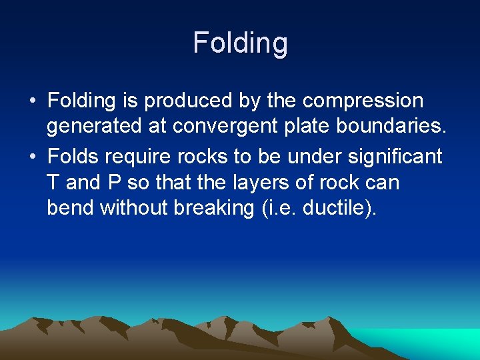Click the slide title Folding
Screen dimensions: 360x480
pyautogui.click(x=240, y=43)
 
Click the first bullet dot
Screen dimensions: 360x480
pyautogui.click(x=32, y=101)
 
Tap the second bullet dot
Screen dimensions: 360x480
pyautogui.click(x=32, y=157)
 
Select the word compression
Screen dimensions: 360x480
pyautogui.click(x=363, y=101)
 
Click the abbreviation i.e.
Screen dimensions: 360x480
pyautogui.click(x=278, y=208)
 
